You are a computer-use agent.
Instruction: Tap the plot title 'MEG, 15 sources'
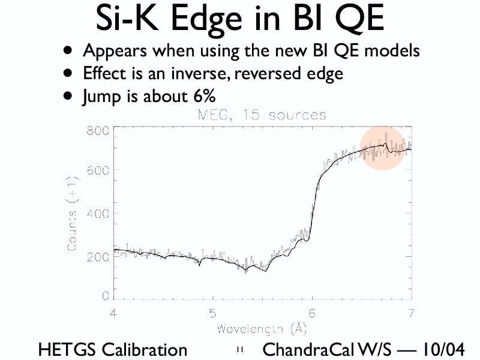pyautogui.click(x=262, y=115)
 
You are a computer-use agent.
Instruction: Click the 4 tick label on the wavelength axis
pyautogui.click(x=113, y=313)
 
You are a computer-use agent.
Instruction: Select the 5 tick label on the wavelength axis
pyautogui.click(x=213, y=313)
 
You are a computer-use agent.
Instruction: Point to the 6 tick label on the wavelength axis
pyautogui.click(x=312, y=313)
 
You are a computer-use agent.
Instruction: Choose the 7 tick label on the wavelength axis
pyautogui.click(x=411, y=313)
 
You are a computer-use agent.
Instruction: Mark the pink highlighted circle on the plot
pyautogui.click(x=382, y=148)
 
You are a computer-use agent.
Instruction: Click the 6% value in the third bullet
pyautogui.click(x=203, y=96)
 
